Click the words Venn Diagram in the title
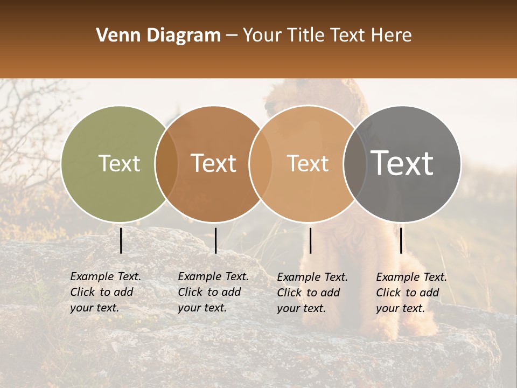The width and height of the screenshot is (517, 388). [158, 36]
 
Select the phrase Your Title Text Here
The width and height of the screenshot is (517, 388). [327, 36]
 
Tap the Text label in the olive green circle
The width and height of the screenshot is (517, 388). [119, 163]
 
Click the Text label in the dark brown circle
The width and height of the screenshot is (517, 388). [213, 163]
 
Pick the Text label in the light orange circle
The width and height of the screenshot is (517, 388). [308, 163]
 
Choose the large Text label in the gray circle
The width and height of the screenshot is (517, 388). [402, 163]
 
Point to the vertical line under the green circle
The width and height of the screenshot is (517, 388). [121, 240]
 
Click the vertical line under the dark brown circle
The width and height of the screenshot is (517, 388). [215, 240]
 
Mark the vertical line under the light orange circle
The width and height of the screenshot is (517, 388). [310, 240]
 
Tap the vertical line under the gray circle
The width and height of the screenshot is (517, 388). [401, 240]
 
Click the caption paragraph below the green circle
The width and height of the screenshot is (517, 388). [106, 292]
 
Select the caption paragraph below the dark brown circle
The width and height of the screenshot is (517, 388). [213, 292]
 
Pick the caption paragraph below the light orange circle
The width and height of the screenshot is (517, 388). [312, 293]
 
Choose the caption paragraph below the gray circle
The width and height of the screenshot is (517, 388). [411, 293]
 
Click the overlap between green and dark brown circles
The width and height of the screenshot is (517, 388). [166, 164]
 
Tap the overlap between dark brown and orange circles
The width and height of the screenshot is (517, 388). [260, 164]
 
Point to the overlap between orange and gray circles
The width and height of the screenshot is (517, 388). [354, 164]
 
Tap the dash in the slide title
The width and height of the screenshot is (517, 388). [232, 36]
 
